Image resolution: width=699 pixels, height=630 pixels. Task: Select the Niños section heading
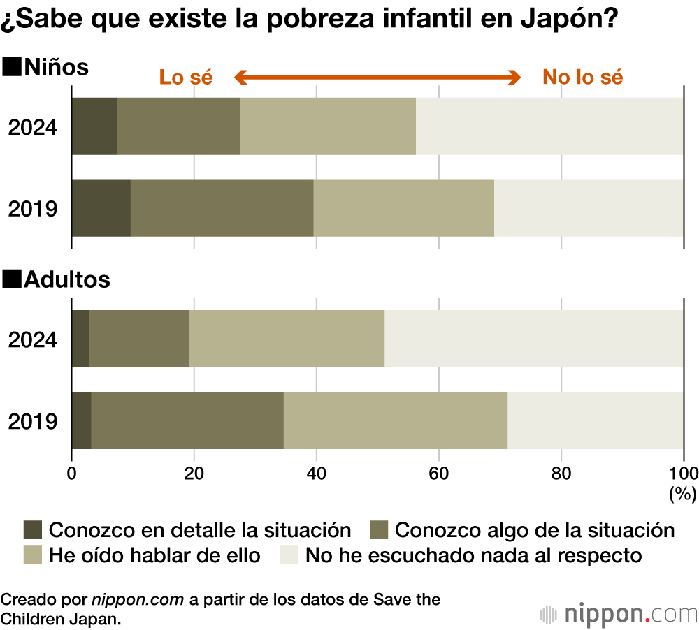[x=47, y=68]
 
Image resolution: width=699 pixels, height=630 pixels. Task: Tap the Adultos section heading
[x=57, y=280]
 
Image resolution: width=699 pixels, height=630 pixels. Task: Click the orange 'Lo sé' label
[x=185, y=77]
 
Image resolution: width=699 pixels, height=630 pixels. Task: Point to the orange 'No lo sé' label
[x=582, y=77]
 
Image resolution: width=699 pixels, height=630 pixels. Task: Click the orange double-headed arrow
[x=377, y=77]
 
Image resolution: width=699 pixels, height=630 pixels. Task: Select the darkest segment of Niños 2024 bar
[x=94, y=126]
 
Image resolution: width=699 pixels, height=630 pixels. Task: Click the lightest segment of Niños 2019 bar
[x=589, y=207]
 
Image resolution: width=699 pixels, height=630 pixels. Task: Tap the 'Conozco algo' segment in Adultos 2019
[x=187, y=420]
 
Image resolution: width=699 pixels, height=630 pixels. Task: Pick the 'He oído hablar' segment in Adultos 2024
[x=287, y=339]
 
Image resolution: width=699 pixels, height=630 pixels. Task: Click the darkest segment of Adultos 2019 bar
[x=82, y=420]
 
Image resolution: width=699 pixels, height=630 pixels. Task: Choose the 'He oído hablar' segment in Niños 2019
[x=403, y=207]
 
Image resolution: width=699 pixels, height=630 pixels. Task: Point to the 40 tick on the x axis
[x=316, y=473]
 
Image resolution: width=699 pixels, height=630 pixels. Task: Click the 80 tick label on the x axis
[x=561, y=473]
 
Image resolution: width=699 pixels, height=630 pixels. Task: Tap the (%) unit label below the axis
[x=682, y=494]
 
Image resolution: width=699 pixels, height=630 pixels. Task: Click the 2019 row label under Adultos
[x=32, y=421]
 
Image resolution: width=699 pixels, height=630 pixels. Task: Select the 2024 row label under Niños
[x=32, y=128]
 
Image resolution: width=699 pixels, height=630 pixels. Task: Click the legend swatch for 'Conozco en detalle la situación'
[x=33, y=529]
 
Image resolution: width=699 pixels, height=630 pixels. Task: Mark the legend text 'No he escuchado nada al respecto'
[x=473, y=556]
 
